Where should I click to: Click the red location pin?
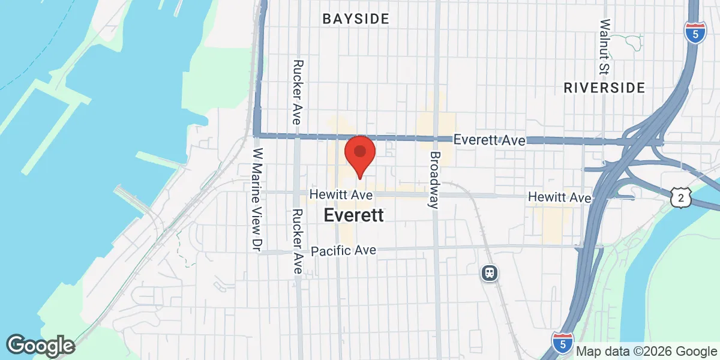(359, 154)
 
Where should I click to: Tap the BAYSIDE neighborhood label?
(356, 19)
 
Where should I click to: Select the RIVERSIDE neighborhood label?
(604, 88)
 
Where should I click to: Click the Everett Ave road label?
(490, 140)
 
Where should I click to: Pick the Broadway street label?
(434, 179)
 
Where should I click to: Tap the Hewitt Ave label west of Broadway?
(341, 195)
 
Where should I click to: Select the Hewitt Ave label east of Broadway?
(560, 197)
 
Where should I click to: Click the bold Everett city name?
(353, 216)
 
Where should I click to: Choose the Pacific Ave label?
(343, 250)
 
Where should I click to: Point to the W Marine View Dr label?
(259, 200)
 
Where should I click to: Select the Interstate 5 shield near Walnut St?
(695, 34)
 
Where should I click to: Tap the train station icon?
(490, 273)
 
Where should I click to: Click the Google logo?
(40, 346)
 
